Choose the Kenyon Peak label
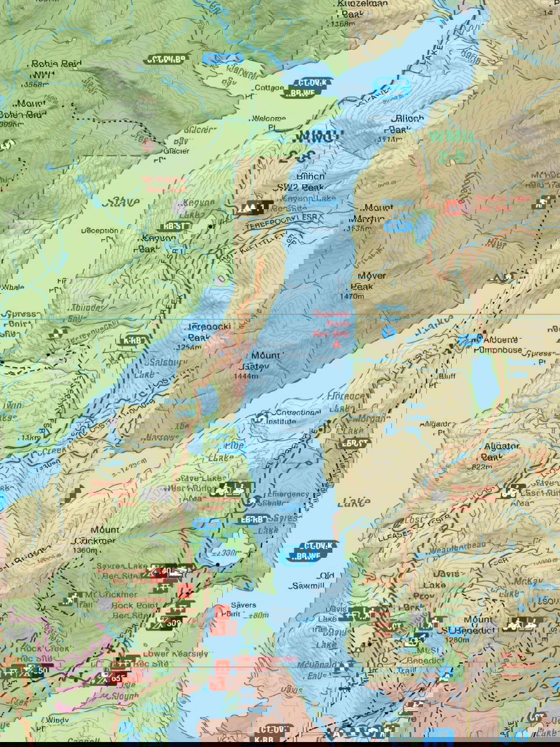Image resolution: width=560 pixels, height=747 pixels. coord(158,243)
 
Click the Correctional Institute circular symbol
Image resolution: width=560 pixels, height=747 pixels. coord(261,416)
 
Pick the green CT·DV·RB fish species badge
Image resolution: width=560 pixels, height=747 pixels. coord(166,60)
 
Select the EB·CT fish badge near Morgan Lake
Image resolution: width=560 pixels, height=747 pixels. coord(356,443)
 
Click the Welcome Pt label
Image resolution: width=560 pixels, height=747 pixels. coord(269,123)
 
